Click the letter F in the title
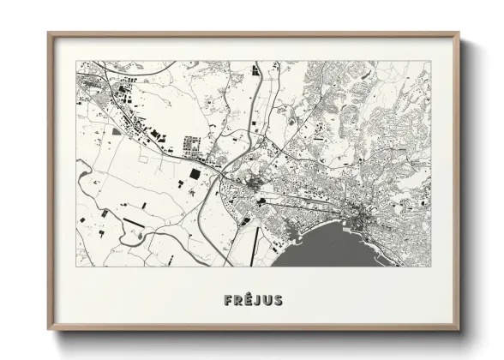(227, 300)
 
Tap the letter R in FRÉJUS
(237, 300)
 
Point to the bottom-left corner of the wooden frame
(49, 330)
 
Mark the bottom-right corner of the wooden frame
(459, 330)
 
